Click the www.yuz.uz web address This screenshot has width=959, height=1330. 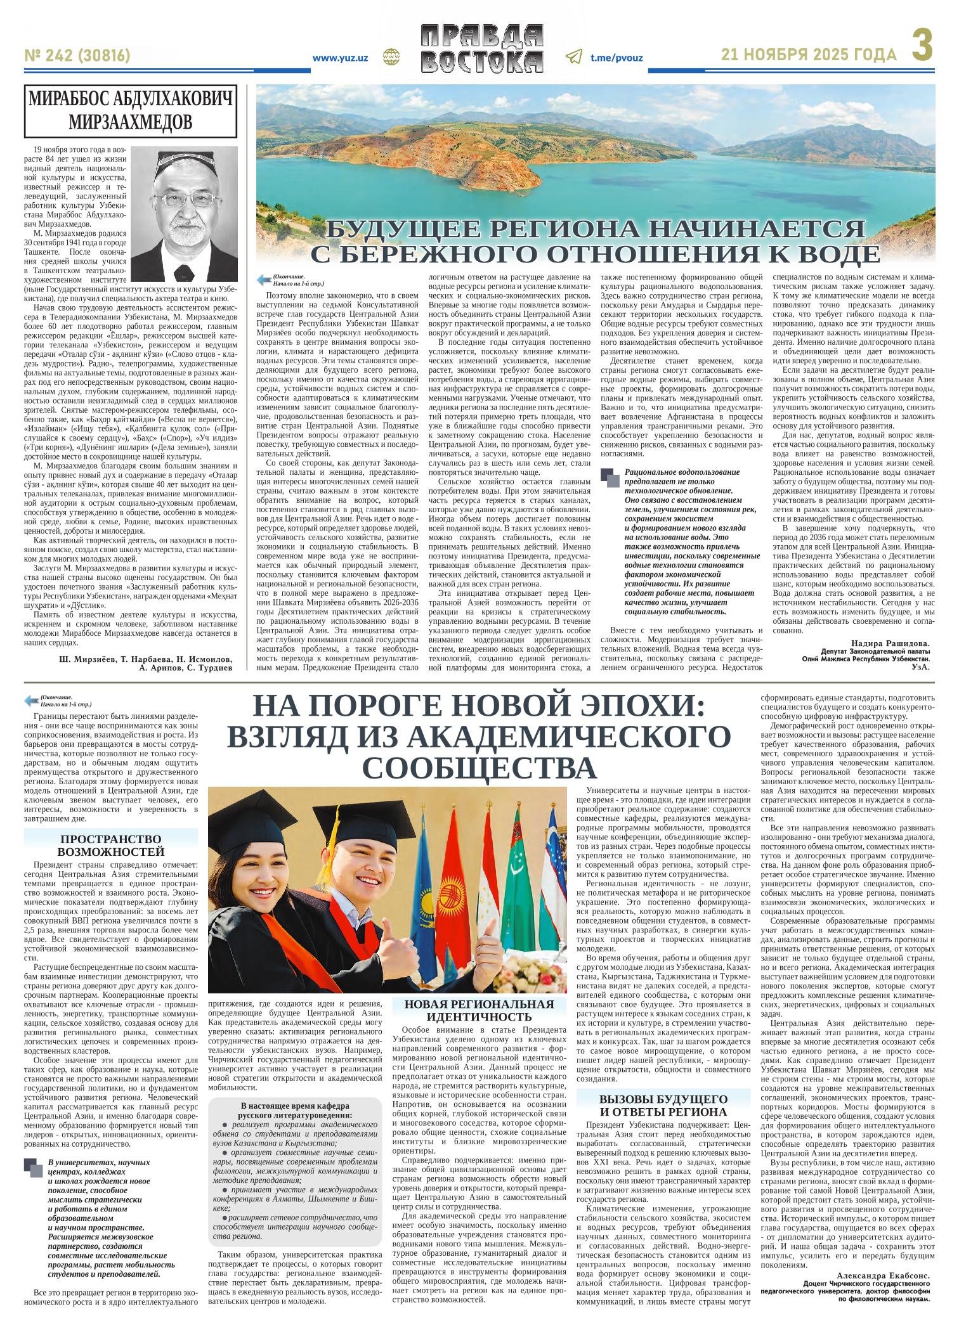click(x=340, y=58)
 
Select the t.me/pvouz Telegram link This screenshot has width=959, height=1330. click(x=616, y=58)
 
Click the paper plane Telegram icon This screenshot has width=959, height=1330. click(x=573, y=57)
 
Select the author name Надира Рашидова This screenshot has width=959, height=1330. click(x=890, y=642)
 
